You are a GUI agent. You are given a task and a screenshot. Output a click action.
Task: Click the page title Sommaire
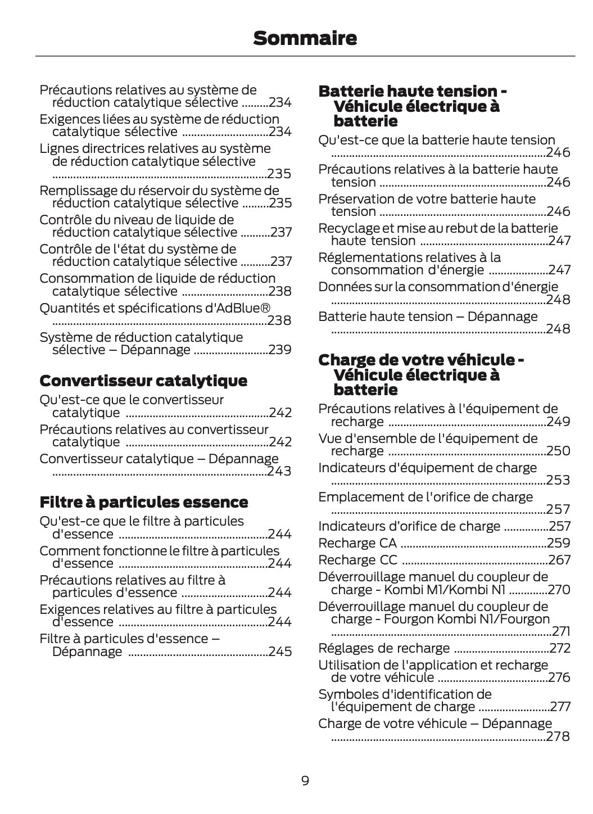(305, 38)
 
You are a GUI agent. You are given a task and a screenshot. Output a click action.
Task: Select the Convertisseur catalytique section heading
(143, 381)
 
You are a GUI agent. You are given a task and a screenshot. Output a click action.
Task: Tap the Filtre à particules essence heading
(144, 502)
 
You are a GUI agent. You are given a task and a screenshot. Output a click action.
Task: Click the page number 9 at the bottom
(305, 781)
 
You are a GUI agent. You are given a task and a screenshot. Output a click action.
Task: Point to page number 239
(280, 350)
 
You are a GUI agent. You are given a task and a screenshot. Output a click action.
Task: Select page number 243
(279, 471)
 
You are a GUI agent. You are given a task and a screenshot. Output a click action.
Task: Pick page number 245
(280, 652)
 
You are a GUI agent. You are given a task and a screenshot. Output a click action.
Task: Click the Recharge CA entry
(357, 543)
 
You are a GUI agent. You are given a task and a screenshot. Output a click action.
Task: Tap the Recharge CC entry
(357, 560)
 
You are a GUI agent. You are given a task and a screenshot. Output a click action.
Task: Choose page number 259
(559, 543)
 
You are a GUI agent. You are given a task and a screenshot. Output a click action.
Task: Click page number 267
(559, 560)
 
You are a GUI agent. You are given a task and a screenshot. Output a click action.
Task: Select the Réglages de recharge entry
(384, 648)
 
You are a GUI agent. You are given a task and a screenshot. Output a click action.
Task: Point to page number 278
(558, 736)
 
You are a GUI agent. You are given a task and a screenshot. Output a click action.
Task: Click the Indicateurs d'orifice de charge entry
(409, 526)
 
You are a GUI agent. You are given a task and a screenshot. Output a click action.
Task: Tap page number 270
(559, 590)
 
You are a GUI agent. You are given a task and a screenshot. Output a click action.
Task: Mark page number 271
(561, 631)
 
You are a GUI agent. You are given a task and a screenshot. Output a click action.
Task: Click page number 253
(558, 480)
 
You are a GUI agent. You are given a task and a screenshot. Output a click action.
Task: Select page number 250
(559, 451)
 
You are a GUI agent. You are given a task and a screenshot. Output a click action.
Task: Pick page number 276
(559, 677)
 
